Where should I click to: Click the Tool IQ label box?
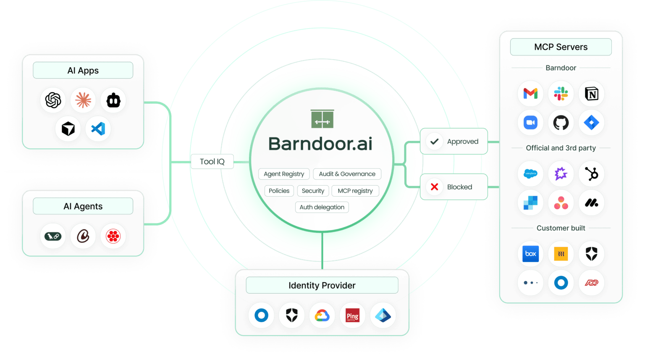pyautogui.click(x=212, y=162)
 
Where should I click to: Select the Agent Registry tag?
pyautogui.click(x=284, y=174)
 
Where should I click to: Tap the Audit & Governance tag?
pyautogui.click(x=347, y=174)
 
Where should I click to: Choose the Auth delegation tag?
pyautogui.click(x=322, y=207)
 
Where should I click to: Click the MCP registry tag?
pyautogui.click(x=355, y=191)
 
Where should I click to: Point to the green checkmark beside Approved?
pyautogui.click(x=435, y=142)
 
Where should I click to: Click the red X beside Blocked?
pyautogui.click(x=435, y=187)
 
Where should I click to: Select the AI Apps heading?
pyautogui.click(x=83, y=71)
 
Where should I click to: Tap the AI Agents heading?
pyautogui.click(x=83, y=206)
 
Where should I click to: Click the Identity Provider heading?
pyautogui.click(x=322, y=286)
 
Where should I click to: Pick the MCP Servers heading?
pyautogui.click(x=561, y=47)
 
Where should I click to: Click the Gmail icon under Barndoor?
pyautogui.click(x=530, y=93)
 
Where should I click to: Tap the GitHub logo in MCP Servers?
pyautogui.click(x=561, y=123)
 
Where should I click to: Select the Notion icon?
pyautogui.click(x=591, y=93)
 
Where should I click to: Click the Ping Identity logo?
pyautogui.click(x=352, y=315)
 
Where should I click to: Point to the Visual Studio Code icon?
pyautogui.click(x=98, y=129)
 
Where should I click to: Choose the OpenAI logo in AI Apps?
pyautogui.click(x=53, y=100)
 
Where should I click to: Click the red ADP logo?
pyautogui.click(x=591, y=283)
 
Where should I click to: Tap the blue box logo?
pyautogui.click(x=530, y=254)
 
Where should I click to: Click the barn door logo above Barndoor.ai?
pyautogui.click(x=322, y=119)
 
